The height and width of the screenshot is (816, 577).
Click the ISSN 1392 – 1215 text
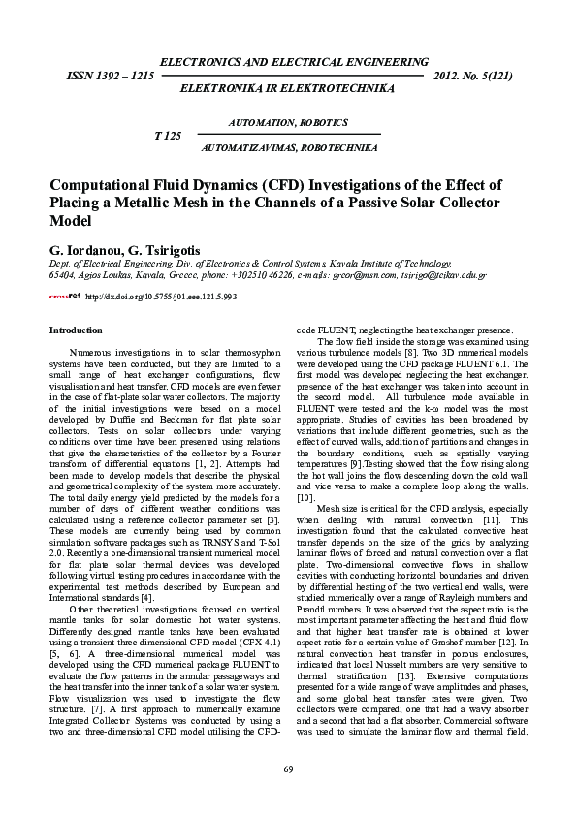[111, 75]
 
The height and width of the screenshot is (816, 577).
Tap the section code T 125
[168, 136]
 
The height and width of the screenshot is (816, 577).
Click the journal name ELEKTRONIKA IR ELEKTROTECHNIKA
[288, 88]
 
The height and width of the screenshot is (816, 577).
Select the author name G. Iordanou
[90, 248]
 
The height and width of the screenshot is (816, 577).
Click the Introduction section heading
[76, 330]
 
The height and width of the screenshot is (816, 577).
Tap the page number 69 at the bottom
[288, 769]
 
